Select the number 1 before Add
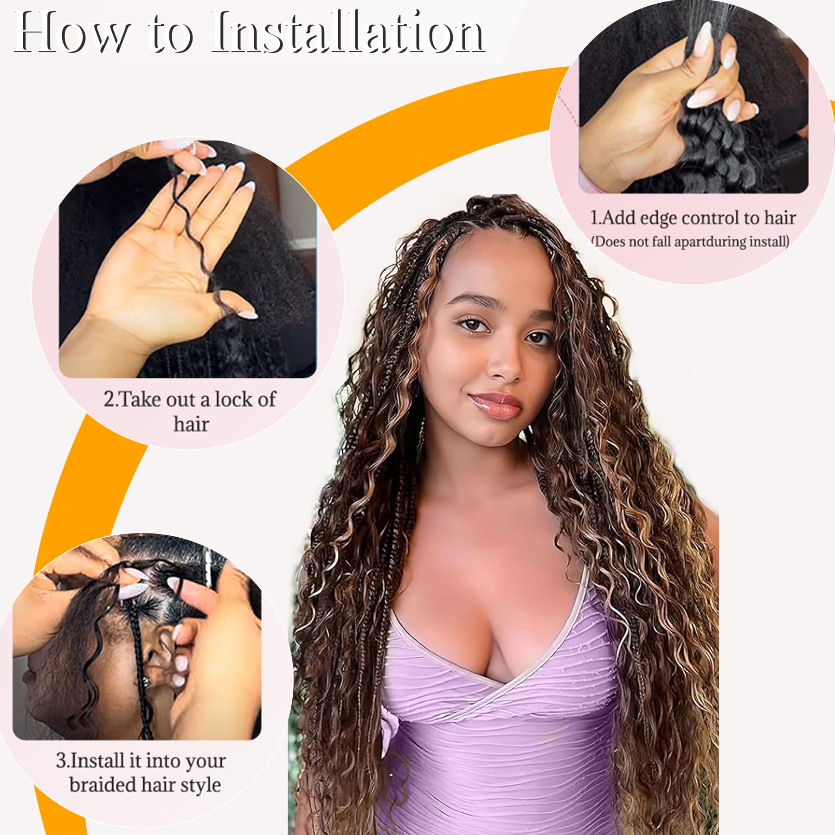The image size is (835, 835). [x=595, y=218]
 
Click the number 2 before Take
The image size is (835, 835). [x=108, y=399]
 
